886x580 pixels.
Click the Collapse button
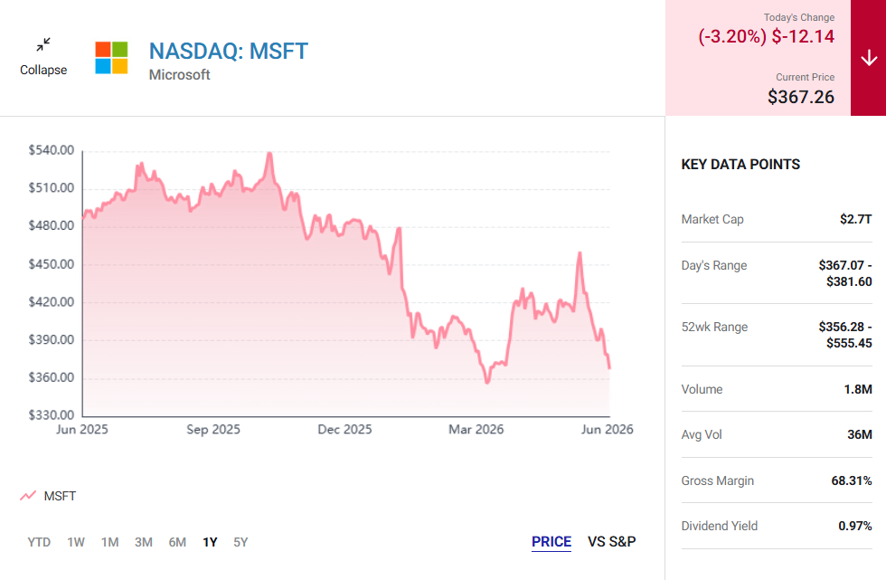click(43, 57)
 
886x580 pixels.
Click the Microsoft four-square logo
click(111, 58)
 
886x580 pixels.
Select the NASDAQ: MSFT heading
click(228, 52)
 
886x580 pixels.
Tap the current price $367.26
click(801, 97)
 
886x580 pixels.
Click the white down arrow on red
click(869, 58)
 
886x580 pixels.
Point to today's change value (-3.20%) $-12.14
click(767, 37)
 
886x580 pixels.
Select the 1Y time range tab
click(210, 542)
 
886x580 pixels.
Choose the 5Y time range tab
click(240, 542)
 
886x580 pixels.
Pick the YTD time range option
click(39, 542)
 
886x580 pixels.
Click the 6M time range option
click(177, 542)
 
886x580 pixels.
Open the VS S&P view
click(611, 542)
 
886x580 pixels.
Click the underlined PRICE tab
click(551, 542)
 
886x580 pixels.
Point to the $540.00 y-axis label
click(52, 150)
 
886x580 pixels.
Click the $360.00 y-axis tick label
click(52, 377)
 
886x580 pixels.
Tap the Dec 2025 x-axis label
click(344, 430)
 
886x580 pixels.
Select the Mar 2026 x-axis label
click(476, 430)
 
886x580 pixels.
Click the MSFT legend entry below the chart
click(48, 496)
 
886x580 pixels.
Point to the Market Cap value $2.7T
click(855, 219)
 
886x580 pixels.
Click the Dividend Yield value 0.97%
click(855, 527)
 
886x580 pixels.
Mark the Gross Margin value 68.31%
click(852, 481)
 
